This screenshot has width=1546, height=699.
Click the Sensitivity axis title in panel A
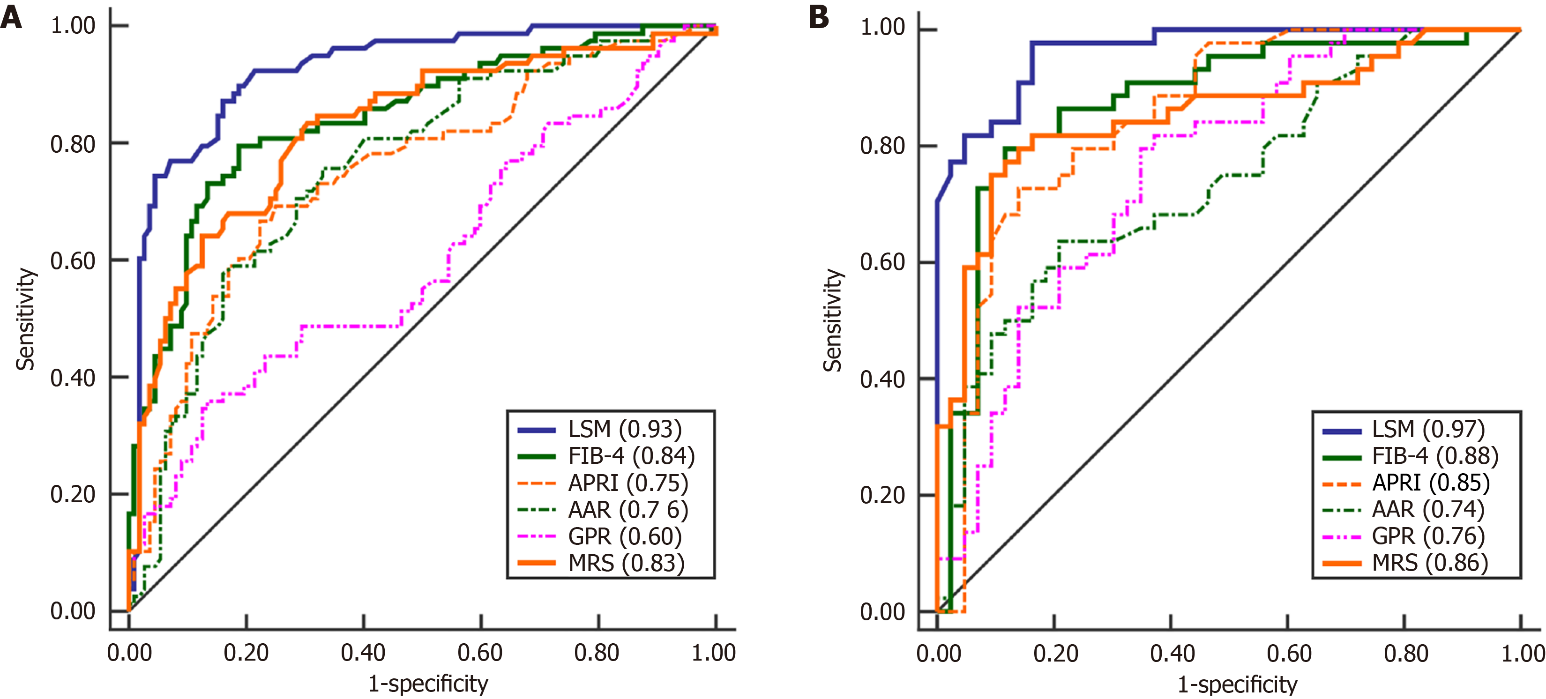(25, 319)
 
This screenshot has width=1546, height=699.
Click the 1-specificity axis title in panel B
(1238, 684)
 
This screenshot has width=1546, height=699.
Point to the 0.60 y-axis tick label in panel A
(73, 261)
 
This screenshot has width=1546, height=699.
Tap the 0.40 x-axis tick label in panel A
(363, 653)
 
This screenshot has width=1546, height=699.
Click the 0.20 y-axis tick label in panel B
(882, 496)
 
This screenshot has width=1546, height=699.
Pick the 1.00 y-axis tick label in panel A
(73, 26)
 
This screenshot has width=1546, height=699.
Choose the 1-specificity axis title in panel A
(428, 684)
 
